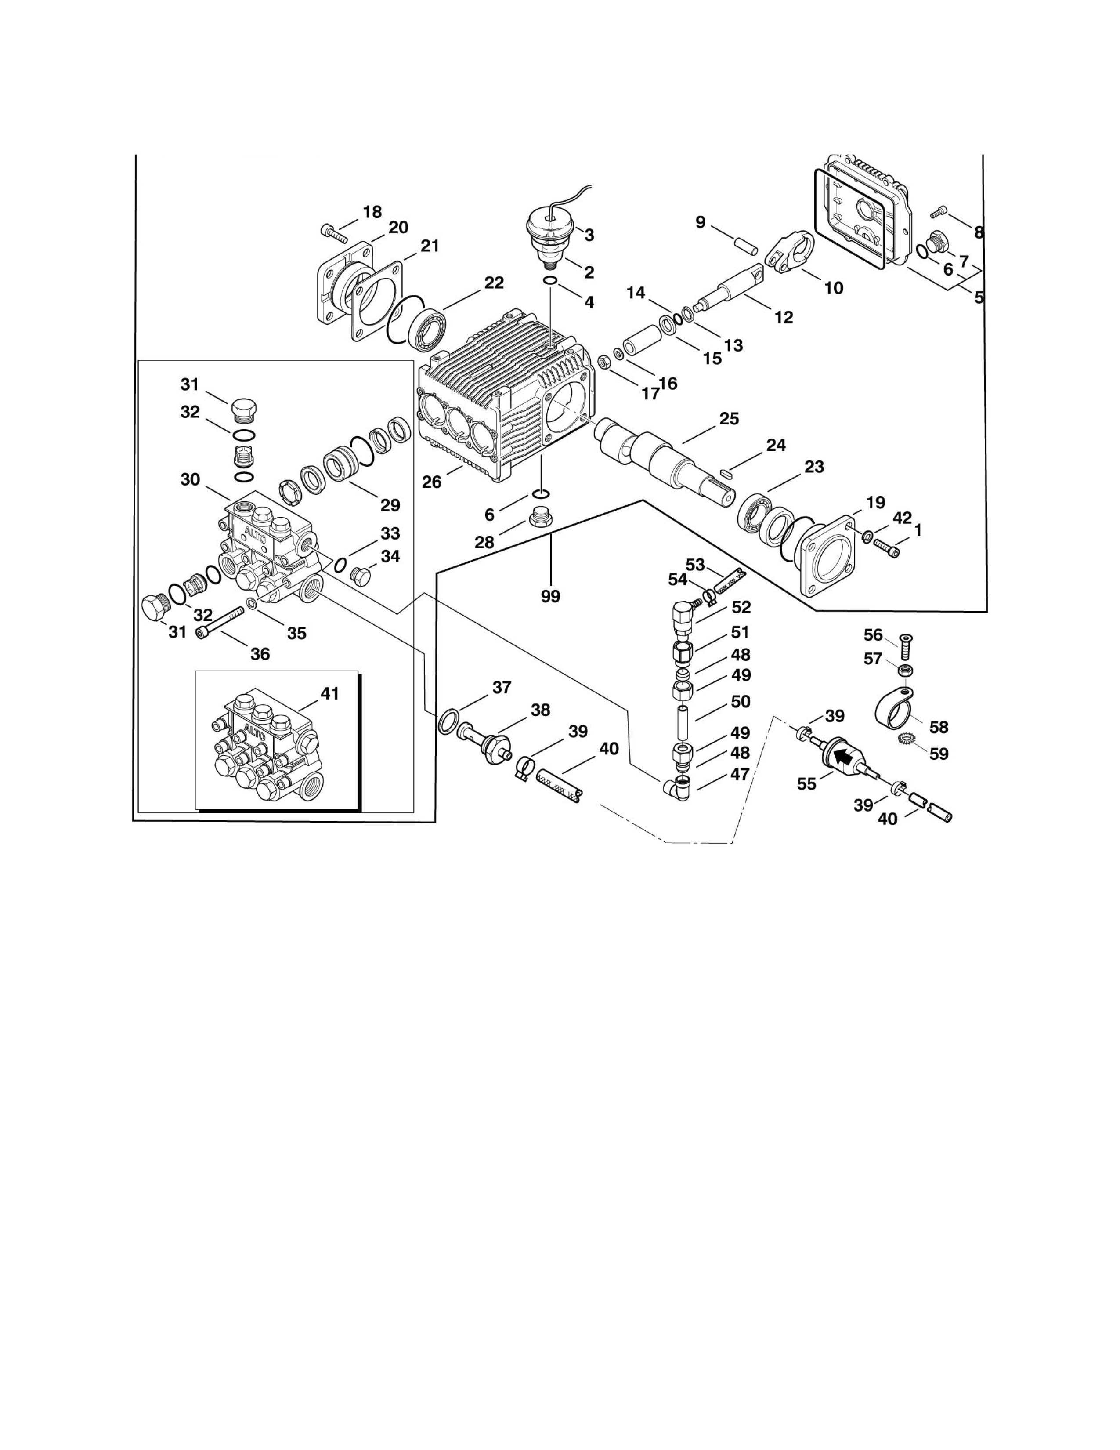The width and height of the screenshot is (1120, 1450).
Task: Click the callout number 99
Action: click(x=550, y=596)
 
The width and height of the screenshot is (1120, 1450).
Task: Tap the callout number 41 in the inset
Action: click(x=330, y=693)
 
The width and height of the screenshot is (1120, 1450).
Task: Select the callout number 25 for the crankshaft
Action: click(x=729, y=419)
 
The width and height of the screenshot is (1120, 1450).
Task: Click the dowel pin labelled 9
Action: click(x=745, y=243)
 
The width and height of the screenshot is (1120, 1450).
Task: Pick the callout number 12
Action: click(x=784, y=317)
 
